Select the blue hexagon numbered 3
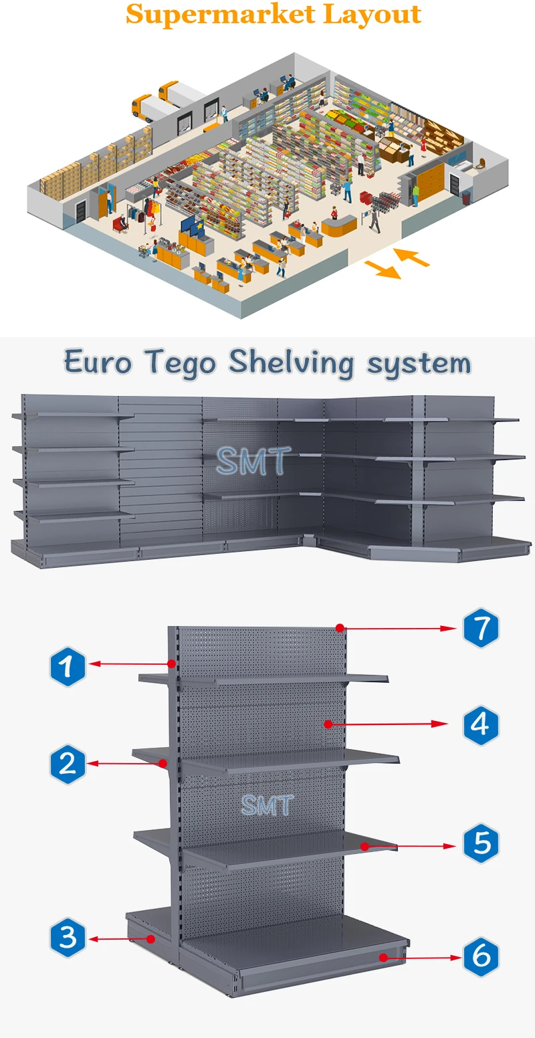pyautogui.click(x=68, y=938)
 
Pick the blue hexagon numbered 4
pyautogui.click(x=481, y=724)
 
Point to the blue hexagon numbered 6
pyautogui.click(x=481, y=956)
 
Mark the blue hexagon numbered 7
pyautogui.click(x=481, y=629)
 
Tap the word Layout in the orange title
pyautogui.click(x=372, y=15)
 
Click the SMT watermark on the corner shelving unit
pyautogui.click(x=253, y=461)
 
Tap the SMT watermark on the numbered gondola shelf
pyautogui.click(x=267, y=805)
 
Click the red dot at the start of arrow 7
pyautogui.click(x=340, y=628)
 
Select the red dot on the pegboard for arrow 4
pyautogui.click(x=328, y=724)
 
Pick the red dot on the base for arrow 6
pyautogui.click(x=383, y=958)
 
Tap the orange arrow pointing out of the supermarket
pyautogui.click(x=382, y=269)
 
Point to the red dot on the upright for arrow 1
pyautogui.click(x=172, y=664)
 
